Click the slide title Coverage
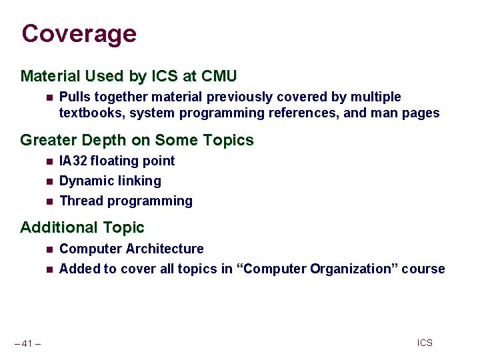coord(79,33)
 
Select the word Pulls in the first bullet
coord(74,97)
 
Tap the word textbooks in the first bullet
coord(91,113)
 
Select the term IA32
coord(73,161)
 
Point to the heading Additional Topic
coord(82,227)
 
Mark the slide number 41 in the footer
coord(27,344)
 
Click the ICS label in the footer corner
coord(425,343)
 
